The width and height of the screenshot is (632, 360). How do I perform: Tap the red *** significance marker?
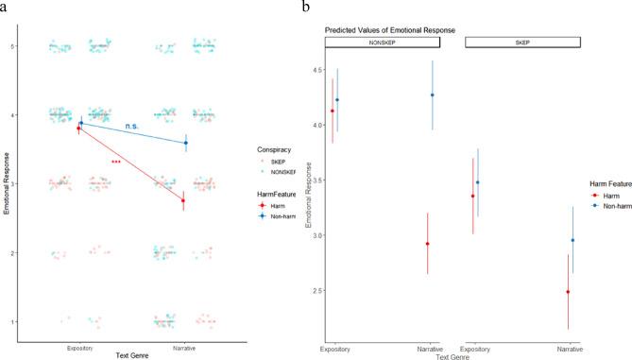[116, 163]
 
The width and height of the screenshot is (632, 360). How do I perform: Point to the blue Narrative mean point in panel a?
[186, 143]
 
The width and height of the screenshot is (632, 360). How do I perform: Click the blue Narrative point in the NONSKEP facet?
[433, 94]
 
